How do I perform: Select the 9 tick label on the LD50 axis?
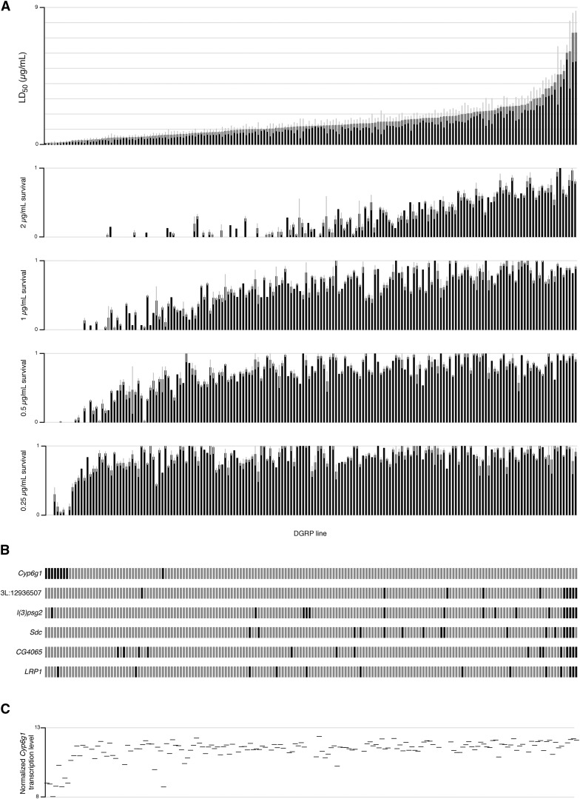38,7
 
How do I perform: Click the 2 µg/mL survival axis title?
24,202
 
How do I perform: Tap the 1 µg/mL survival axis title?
24,295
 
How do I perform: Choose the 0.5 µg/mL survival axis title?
24,388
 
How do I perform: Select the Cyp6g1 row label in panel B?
28,573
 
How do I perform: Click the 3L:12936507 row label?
22,592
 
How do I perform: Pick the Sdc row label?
34,632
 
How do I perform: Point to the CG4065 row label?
28,651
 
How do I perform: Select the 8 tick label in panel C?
41,796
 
